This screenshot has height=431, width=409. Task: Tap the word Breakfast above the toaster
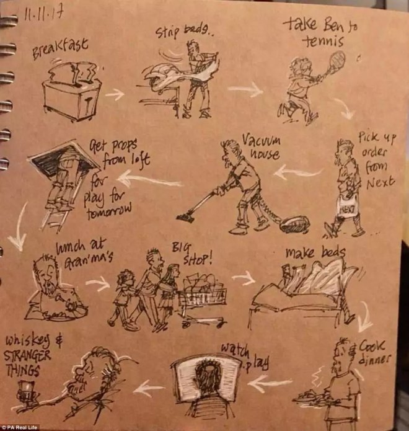coord(61,48)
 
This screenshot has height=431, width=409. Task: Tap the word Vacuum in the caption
coord(262,142)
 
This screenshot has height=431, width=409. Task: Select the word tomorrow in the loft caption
coord(109,211)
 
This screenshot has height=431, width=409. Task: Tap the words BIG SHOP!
coord(191,254)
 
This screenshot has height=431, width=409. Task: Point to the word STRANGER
coord(27,356)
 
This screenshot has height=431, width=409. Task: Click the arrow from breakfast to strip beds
coord(115,94)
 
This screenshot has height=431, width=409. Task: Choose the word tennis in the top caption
coord(324,41)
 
